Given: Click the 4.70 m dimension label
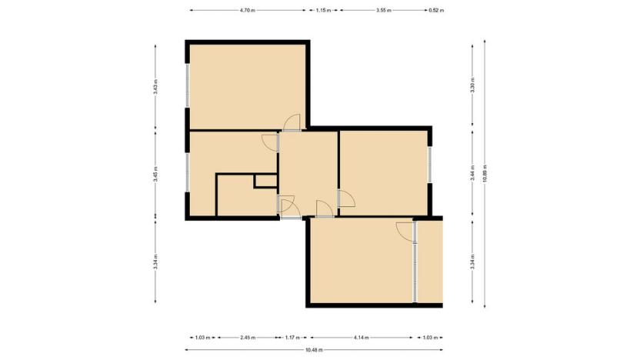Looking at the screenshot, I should pos(247,11).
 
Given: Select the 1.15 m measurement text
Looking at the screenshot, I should pos(323,11).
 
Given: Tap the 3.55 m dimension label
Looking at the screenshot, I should pos(383,11).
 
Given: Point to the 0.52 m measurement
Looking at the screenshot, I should pos(437,11).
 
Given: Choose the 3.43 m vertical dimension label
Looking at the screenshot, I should pos(155,87).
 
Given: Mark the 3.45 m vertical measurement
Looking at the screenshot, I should pos(155,173).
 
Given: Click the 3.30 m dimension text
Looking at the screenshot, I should pos(472,87).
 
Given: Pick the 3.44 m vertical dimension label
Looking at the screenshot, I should pos(472,173).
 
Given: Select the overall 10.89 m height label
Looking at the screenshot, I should pos(485,173).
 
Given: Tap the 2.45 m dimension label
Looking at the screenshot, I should pos(247,337).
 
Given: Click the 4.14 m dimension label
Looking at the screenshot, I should pos(362,337).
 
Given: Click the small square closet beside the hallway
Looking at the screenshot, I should pos(265,182).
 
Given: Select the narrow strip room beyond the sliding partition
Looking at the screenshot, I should pos(429,262).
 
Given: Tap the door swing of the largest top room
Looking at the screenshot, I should pos(291,122).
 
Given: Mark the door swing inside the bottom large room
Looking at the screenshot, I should pos(405,230).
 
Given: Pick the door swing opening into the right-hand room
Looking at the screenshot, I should pos(345,198).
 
